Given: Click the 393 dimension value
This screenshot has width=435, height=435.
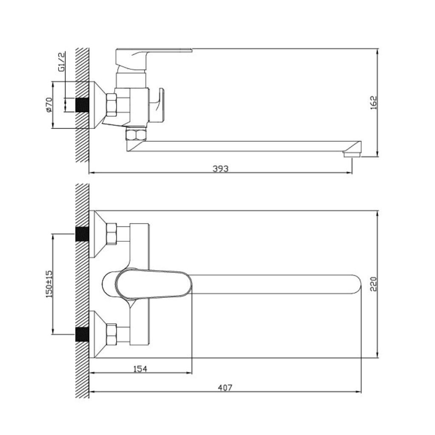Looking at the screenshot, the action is point(220,168).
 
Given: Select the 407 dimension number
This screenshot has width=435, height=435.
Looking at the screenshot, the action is point(225,387).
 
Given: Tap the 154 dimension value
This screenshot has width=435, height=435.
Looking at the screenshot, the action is point(140,369).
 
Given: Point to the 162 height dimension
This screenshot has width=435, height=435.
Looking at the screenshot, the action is point(374,103).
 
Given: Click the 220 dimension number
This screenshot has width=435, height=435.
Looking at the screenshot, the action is point(374,284).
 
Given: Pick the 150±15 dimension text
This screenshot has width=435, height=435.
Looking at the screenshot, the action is point(49,284).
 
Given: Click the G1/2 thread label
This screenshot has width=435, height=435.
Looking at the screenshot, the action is point(61,62).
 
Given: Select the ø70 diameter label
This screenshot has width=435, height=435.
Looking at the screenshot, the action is point(49,105).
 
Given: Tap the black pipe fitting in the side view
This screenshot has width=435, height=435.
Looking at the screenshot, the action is point(82,105).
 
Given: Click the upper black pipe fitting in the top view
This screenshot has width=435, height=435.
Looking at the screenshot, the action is point(82,234).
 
